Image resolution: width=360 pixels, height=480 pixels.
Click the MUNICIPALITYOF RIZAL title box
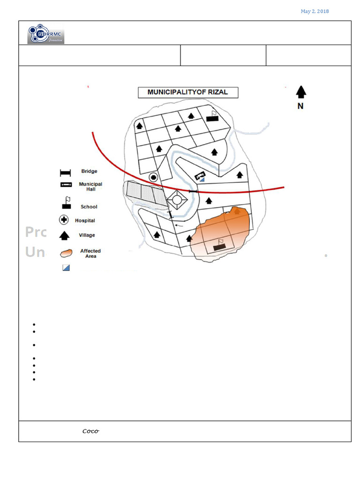(187, 92)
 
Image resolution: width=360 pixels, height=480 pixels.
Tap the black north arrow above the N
(301, 92)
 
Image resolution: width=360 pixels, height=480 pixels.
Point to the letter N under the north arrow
(300, 106)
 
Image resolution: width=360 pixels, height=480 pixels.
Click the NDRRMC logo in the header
(46, 34)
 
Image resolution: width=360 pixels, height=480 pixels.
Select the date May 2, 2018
(315, 11)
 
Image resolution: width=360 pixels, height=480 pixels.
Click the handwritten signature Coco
(90, 431)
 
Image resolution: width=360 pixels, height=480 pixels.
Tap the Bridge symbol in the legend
(65, 172)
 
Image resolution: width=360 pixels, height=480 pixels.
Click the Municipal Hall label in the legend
(90, 187)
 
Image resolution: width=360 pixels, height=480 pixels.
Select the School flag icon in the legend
(67, 203)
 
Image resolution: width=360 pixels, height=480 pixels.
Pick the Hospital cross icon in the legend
(64, 220)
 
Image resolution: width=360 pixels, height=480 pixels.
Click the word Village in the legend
(87, 235)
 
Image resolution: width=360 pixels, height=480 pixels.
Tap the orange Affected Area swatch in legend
(67, 253)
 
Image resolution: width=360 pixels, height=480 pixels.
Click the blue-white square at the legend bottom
(66, 268)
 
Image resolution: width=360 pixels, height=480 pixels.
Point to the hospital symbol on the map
(153, 177)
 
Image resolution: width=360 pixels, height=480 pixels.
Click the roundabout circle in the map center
(177, 200)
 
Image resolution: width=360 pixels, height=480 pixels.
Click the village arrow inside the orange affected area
(237, 211)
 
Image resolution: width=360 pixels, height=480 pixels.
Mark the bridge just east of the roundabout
(193, 192)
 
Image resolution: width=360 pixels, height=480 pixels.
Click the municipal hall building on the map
(200, 176)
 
